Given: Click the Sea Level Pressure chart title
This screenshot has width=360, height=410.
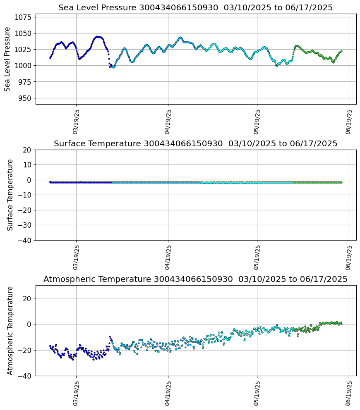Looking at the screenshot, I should [195, 7].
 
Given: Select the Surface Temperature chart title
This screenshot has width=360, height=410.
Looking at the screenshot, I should [195, 143].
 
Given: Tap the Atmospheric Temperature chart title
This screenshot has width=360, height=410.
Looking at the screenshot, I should [195, 279].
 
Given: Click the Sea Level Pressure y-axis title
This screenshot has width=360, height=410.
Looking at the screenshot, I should [7, 59].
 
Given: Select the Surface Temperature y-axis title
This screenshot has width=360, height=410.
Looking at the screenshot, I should [10, 195].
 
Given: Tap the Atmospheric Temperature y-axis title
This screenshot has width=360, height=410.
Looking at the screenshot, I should [10, 330].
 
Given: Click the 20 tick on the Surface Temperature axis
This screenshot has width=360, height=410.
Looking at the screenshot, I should [27, 150].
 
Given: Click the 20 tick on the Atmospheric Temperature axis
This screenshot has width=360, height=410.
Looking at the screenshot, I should [27, 298].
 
